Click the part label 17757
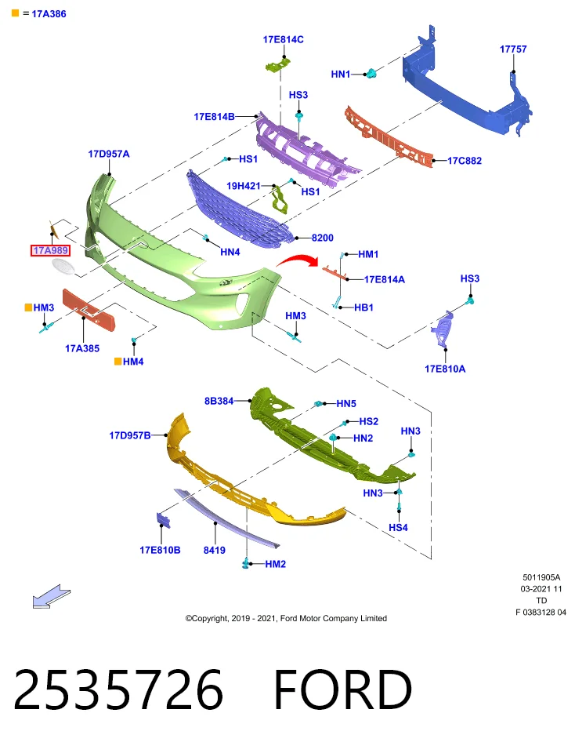tap(512, 49)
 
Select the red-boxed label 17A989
tap(50, 250)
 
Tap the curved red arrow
tap(298, 260)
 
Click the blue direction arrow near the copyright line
tap(52, 596)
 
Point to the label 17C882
tap(465, 161)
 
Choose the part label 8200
tap(322, 238)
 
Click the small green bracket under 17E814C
tap(278, 64)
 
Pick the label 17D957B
tap(130, 435)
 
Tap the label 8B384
tap(219, 401)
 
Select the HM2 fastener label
tap(275, 564)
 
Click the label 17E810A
tap(445, 369)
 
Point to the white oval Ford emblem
tap(63, 267)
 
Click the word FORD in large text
tap(342, 689)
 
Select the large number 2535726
tap(118, 689)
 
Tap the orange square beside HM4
tap(118, 362)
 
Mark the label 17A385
tap(82, 348)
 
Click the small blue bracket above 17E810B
tap(163, 521)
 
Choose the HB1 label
tap(363, 307)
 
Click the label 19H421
tap(243, 186)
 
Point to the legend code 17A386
tap(49, 14)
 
